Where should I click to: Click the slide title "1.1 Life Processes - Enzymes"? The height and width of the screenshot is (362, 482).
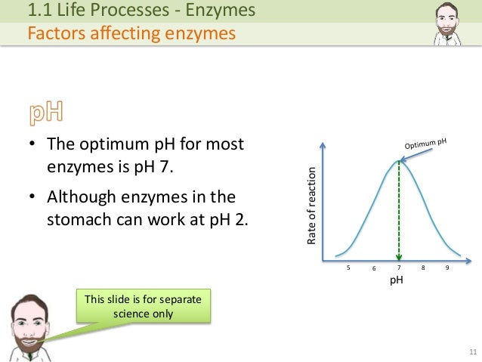[x=141, y=11]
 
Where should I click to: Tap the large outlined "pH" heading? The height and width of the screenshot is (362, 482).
[x=47, y=113]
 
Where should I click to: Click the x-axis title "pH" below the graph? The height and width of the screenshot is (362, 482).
[x=396, y=280]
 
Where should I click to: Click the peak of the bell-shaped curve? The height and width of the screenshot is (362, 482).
[x=398, y=159]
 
